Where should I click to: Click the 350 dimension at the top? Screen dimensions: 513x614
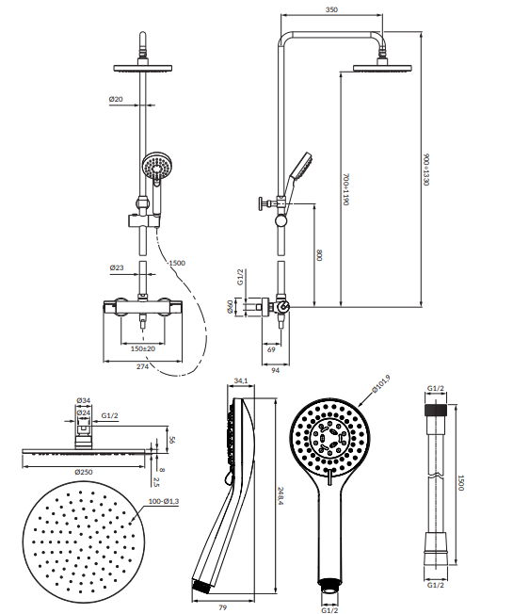(331, 9)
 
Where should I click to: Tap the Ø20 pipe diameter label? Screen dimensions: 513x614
(116, 99)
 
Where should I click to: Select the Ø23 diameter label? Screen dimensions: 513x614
(117, 267)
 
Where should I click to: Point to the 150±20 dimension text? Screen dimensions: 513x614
(143, 348)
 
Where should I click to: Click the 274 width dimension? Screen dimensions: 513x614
(142, 366)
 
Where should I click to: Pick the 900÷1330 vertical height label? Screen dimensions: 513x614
(426, 170)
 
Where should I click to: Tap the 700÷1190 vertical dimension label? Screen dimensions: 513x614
(345, 189)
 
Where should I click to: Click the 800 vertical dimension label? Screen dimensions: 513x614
(319, 255)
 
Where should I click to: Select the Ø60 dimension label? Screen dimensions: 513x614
(230, 306)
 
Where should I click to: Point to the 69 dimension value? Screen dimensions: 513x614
(271, 349)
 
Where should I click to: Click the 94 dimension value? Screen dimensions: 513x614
(276, 370)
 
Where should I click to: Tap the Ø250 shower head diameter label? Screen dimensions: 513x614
(84, 472)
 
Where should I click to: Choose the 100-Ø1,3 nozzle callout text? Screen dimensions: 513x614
(164, 501)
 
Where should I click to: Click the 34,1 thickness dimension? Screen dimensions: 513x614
(241, 380)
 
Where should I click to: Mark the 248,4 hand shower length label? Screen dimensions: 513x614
(281, 495)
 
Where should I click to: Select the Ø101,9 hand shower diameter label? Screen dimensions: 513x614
(380, 384)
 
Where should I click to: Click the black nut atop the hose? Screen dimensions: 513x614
(436, 410)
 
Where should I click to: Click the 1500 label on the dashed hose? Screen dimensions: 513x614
(177, 263)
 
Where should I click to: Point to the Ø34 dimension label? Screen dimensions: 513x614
(84, 400)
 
